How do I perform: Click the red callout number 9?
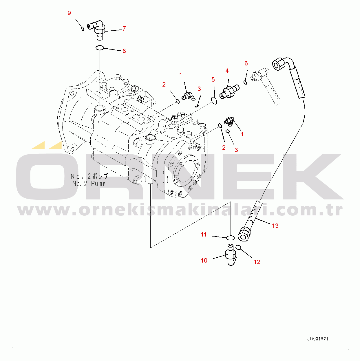[69, 13]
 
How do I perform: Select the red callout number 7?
[124, 28]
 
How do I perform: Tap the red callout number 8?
[124, 51]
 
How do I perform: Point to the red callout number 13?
[275, 226]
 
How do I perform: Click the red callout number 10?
[204, 260]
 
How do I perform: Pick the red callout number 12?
[257, 262]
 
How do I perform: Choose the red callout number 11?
[204, 234]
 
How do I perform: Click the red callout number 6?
[246, 63]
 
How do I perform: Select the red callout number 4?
[227, 71]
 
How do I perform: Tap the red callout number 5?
[213, 79]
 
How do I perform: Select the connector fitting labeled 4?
[229, 91]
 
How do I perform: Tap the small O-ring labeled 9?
[83, 29]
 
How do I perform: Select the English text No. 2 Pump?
[89, 184]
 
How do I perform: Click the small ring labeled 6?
[245, 82]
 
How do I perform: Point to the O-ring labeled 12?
[238, 247]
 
